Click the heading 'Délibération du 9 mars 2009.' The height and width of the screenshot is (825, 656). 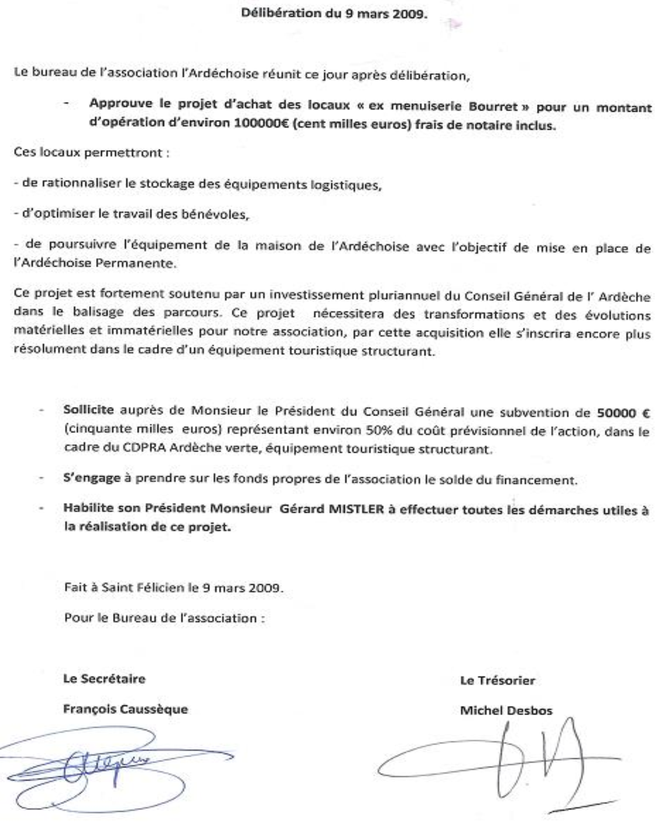[x=334, y=13]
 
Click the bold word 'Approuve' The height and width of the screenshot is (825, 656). [x=121, y=104]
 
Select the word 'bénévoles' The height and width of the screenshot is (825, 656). [x=219, y=214]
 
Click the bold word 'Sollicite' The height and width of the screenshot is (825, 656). [x=88, y=410]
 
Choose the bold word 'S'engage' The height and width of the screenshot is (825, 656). [x=92, y=478]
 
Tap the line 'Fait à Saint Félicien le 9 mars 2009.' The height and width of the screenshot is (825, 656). [x=173, y=587]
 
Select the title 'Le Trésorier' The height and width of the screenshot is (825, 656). [x=497, y=681]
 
